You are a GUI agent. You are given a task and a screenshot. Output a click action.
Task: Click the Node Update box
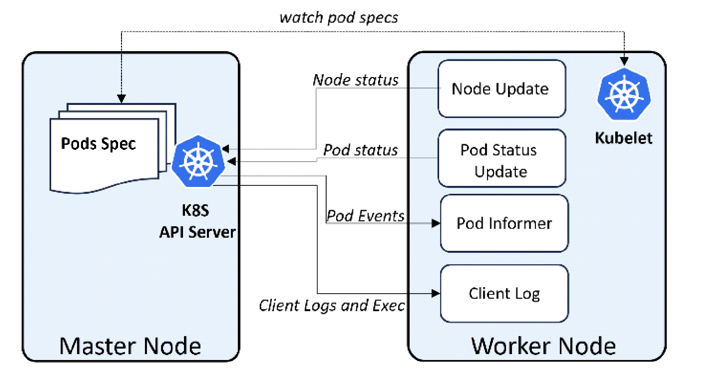click(x=501, y=89)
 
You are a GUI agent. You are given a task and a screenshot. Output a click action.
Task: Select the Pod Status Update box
click(x=501, y=158)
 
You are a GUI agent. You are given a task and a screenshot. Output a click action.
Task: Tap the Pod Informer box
click(x=504, y=223)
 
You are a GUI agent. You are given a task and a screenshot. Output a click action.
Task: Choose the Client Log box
click(x=504, y=293)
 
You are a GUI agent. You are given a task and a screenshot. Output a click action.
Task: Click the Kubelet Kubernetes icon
click(x=624, y=94)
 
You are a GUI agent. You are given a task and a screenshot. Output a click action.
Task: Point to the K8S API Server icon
click(x=198, y=162)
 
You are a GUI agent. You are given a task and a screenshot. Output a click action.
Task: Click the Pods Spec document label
click(x=98, y=144)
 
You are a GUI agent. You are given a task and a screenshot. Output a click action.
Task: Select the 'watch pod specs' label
click(x=339, y=18)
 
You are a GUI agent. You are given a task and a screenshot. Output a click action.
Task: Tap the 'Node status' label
click(x=356, y=80)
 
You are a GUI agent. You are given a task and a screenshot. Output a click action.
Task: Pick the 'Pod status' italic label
click(x=360, y=150)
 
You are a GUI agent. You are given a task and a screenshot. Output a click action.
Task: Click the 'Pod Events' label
click(x=366, y=216)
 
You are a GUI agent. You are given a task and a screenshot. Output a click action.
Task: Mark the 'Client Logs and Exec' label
click(x=332, y=306)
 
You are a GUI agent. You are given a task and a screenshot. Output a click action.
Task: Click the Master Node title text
click(x=130, y=346)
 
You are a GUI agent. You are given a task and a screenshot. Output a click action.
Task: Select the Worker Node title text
click(x=543, y=346)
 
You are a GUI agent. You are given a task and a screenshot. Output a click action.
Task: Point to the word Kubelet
click(x=623, y=138)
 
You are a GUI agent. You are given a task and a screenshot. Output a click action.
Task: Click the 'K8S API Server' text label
click(x=197, y=221)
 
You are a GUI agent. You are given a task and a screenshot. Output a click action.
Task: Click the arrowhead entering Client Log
click(x=436, y=293)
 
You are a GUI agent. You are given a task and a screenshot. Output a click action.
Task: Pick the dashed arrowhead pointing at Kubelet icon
click(x=624, y=61)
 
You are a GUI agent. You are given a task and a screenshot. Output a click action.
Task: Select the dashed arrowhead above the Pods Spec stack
click(x=121, y=98)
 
